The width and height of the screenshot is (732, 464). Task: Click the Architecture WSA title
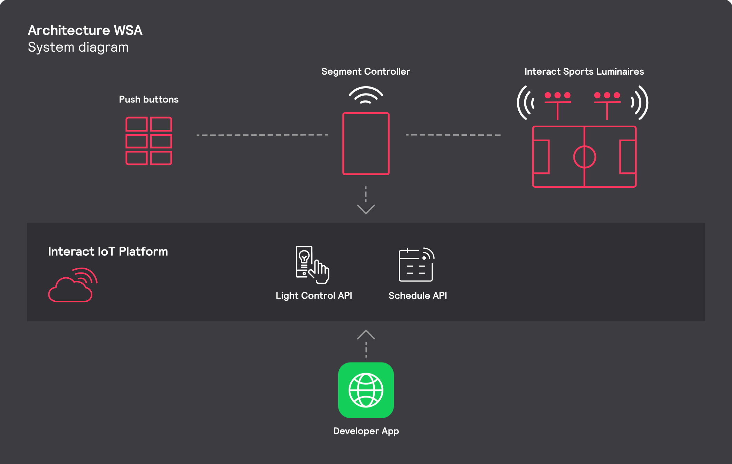coord(85,30)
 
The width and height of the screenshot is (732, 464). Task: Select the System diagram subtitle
coord(78,47)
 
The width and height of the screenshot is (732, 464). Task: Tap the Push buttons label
coord(149,99)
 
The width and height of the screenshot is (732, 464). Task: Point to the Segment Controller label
coord(366,72)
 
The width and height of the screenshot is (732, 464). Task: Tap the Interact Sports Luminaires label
coord(584,72)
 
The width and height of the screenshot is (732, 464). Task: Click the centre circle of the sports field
coord(585,146)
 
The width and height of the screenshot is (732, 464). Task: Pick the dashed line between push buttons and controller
coord(262,135)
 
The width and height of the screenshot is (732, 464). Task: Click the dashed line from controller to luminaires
coord(453,135)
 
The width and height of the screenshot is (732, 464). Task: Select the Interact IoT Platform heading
coord(108,252)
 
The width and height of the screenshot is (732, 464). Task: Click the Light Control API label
coord(314,296)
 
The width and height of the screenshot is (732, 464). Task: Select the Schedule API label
coord(418,296)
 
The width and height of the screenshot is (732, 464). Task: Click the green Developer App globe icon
coord(366,390)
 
